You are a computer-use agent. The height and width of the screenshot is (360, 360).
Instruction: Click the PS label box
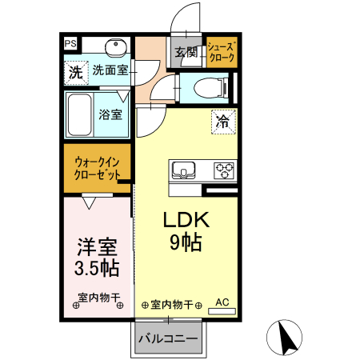tap(70, 43)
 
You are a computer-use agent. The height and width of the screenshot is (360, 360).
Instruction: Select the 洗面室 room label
tap(110, 70)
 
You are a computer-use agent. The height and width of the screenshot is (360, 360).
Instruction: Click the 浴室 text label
tap(110, 114)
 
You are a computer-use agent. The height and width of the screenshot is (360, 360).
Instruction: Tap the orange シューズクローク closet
tap(220, 53)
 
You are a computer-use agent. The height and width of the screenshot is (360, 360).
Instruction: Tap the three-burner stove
tap(223, 170)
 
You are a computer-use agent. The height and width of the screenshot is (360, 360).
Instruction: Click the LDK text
tap(186, 220)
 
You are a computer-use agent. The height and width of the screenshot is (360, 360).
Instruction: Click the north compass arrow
tap(286, 338)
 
